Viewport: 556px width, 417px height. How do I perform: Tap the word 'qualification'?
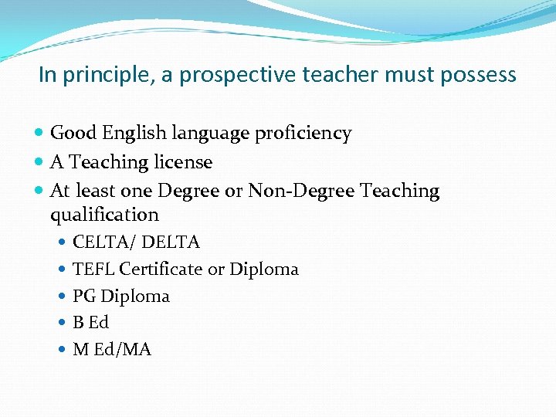pos(104,215)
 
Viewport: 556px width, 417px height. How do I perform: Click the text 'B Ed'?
pos(90,323)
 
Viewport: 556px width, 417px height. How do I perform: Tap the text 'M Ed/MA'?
pos(111,350)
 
